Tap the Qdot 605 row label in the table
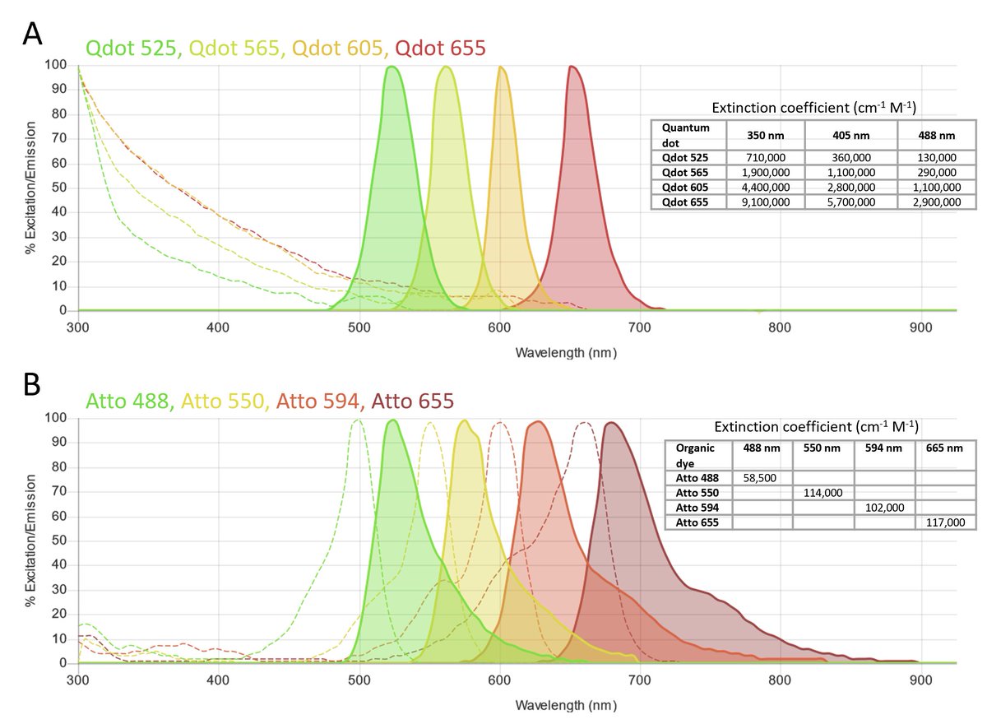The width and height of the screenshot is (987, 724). pyautogui.click(x=679, y=187)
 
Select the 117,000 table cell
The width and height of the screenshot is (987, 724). pyautogui.click(x=946, y=522)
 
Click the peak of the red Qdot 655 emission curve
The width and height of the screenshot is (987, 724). pyautogui.click(x=571, y=67)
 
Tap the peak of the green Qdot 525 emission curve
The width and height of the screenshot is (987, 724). pyautogui.click(x=391, y=67)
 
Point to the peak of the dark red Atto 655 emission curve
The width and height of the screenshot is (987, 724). pyautogui.click(x=611, y=423)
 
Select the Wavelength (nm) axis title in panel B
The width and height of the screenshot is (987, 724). pyautogui.click(x=565, y=706)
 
